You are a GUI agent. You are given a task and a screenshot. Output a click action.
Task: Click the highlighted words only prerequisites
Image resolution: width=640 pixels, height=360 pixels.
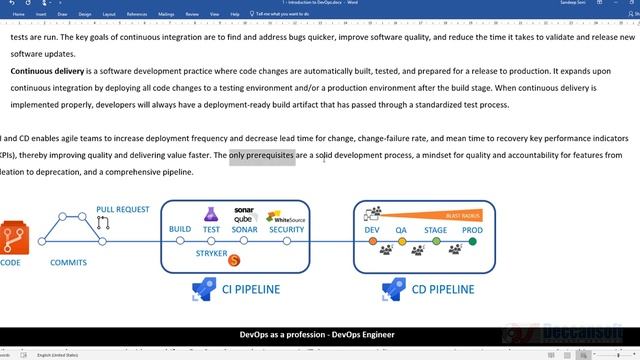pos(261,156)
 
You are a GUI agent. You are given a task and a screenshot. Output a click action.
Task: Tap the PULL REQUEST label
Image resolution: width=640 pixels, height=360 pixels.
pos(123,210)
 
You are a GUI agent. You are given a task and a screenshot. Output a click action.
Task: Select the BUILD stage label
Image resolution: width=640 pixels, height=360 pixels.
pos(180,229)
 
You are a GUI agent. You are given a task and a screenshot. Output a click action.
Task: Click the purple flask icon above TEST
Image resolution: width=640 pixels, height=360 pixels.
pos(210,215)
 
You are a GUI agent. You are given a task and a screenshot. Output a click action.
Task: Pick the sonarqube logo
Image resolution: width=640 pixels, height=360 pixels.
pos(243,214)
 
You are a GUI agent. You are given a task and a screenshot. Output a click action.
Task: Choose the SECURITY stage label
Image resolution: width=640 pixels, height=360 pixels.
pos(286,229)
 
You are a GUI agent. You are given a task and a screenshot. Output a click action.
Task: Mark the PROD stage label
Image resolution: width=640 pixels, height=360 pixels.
pos(471,229)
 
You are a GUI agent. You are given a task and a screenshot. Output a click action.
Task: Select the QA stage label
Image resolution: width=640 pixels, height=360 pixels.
pos(401,229)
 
